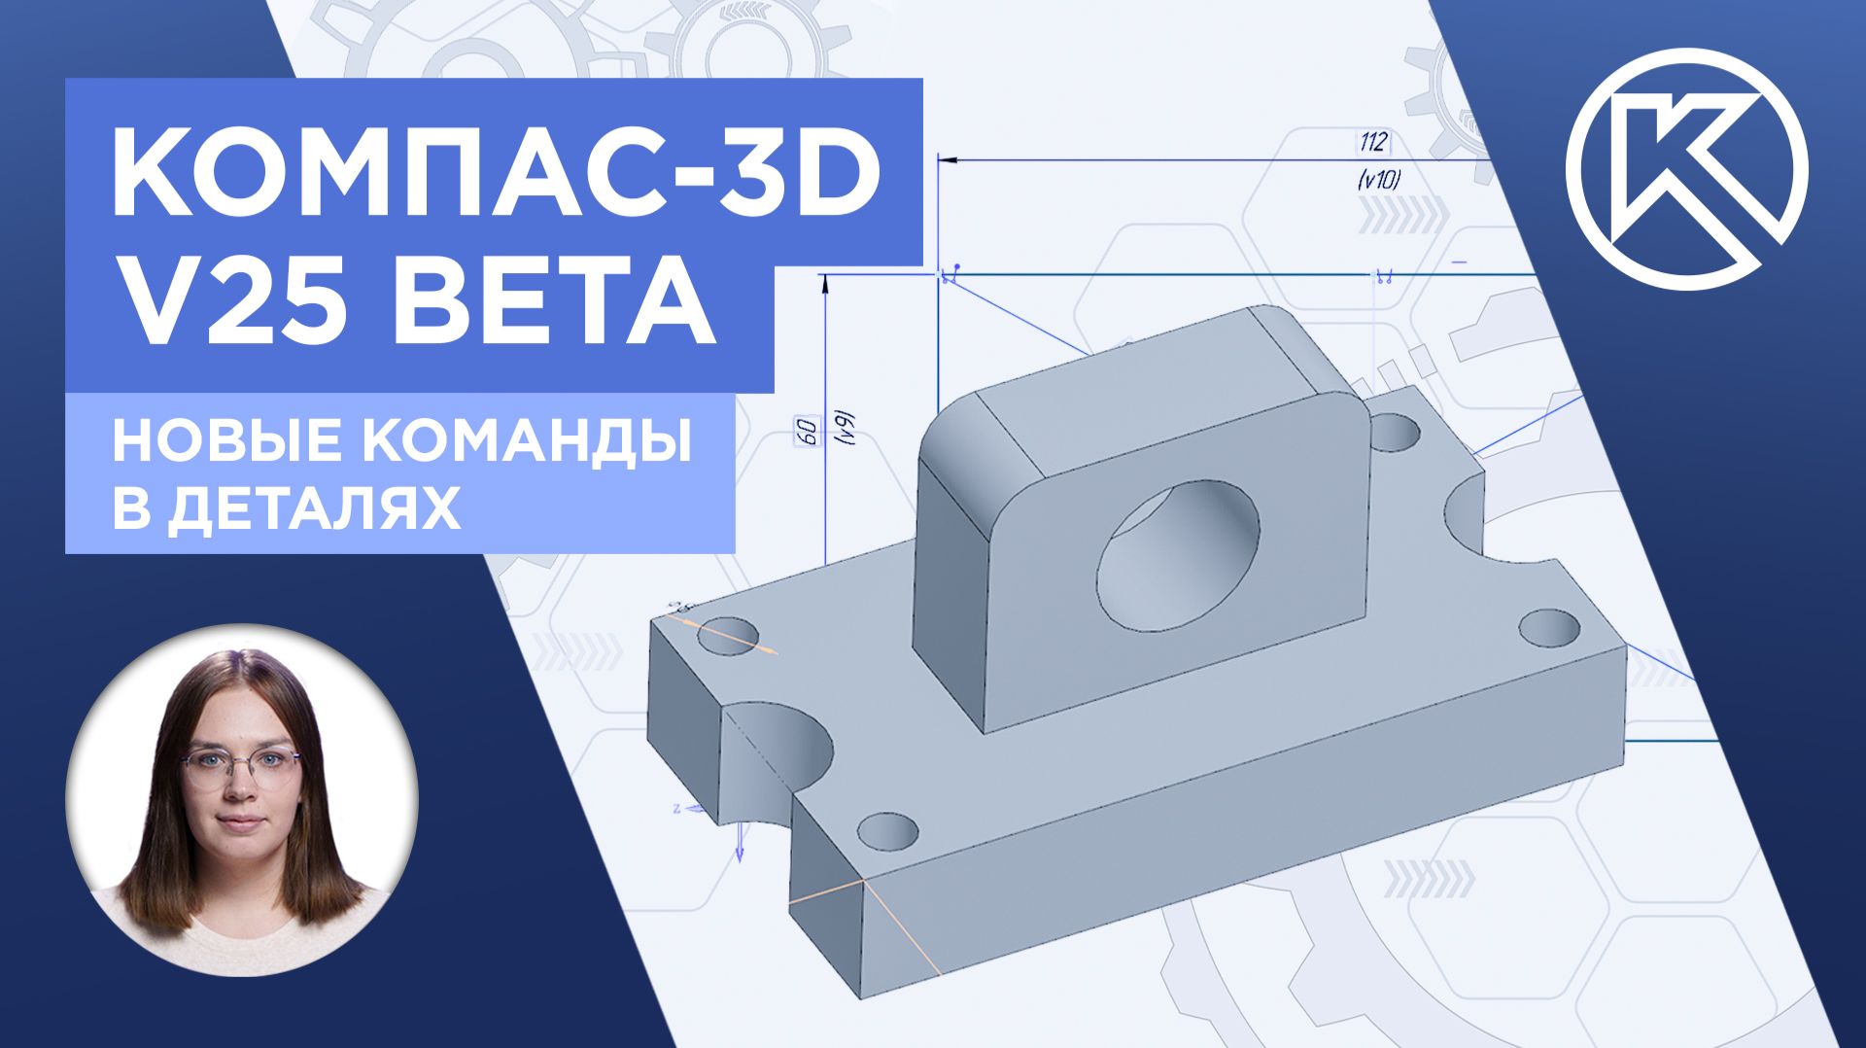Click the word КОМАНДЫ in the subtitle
pos(530,442)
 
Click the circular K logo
pos(1686,169)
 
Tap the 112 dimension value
pos(1372,143)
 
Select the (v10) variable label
pos(1376,179)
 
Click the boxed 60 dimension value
pos(806,433)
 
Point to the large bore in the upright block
pos(1178,555)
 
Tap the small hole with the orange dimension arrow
pos(727,634)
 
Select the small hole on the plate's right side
pos(1549,626)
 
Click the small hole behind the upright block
pos(1396,432)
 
